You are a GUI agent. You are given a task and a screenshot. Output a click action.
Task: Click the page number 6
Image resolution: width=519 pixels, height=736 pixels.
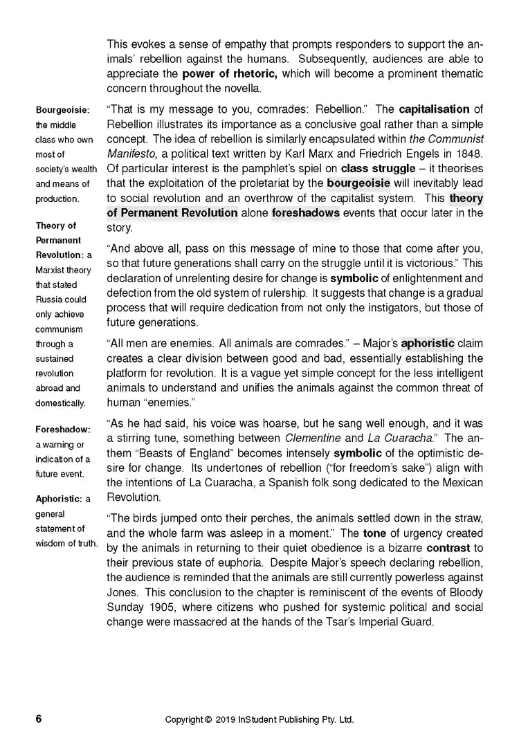pos(39,719)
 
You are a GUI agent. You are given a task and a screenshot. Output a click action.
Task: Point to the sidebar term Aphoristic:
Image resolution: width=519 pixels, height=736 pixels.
pos(59,499)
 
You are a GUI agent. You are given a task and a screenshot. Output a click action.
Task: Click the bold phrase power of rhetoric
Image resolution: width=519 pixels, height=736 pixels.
pos(229,73)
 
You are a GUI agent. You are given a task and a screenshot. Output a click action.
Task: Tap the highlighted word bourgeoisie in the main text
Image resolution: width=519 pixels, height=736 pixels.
pos(358,183)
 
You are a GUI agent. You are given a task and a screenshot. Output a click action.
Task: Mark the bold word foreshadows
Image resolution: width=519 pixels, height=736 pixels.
pos(305,212)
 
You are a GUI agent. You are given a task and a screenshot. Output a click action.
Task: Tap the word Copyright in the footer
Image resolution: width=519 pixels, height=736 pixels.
pos(185,719)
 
